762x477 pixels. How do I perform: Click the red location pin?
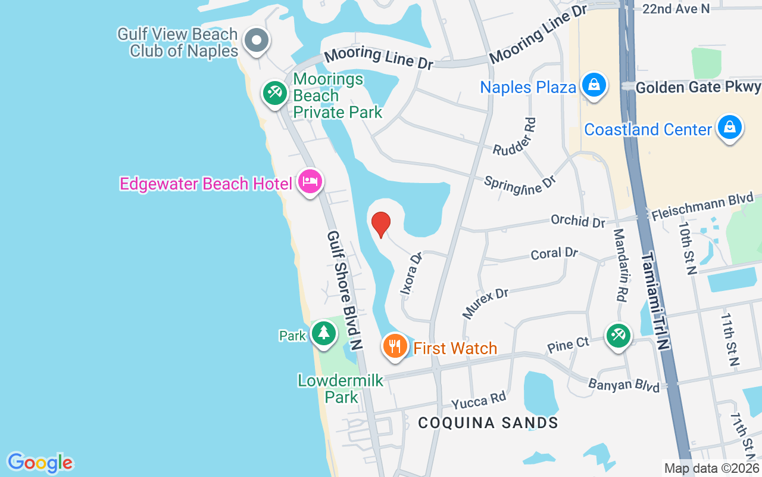(x=381, y=224)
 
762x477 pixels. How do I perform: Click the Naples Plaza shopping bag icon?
(x=594, y=85)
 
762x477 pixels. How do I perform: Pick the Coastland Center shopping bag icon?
(x=729, y=128)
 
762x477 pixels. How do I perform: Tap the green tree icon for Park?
(x=323, y=332)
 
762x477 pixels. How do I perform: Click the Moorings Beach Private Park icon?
(x=274, y=93)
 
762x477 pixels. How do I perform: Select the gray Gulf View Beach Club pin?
(x=257, y=41)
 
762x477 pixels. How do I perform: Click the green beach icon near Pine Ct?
(x=618, y=335)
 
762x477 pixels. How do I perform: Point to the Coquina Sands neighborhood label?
(x=488, y=423)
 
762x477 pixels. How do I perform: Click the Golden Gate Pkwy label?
(x=698, y=88)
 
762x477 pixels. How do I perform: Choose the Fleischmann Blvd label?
(x=702, y=206)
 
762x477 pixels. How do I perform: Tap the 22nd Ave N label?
(x=676, y=8)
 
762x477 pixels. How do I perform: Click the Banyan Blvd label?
(x=624, y=385)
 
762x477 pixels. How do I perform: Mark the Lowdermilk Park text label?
(x=341, y=388)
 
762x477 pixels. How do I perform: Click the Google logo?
(x=40, y=463)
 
